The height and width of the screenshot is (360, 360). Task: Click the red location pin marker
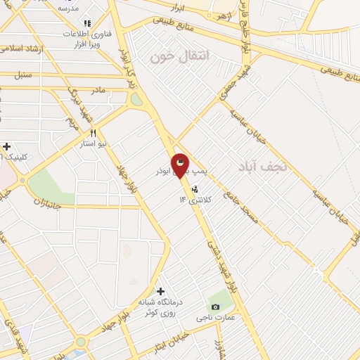(x=181, y=165)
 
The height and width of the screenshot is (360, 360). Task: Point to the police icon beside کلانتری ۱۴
(x=195, y=188)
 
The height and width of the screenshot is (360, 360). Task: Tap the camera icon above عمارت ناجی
(x=214, y=307)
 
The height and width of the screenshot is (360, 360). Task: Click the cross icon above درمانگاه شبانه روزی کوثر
(x=161, y=291)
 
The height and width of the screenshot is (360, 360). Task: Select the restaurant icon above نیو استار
(x=92, y=132)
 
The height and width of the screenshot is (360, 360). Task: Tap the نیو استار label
(x=92, y=143)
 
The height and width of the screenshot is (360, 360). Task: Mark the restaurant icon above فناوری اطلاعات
(x=87, y=24)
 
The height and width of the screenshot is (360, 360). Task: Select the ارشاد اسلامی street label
(x=22, y=49)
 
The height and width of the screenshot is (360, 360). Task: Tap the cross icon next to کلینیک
(x=6, y=146)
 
